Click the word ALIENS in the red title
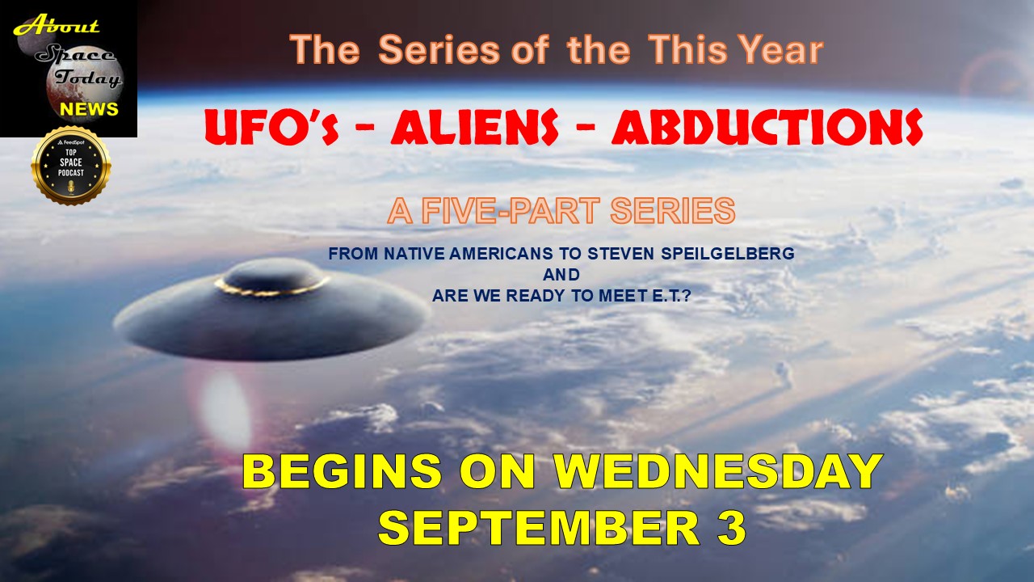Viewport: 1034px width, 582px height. coord(474,127)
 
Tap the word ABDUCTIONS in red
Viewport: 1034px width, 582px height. coord(767,127)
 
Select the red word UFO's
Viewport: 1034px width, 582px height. coord(272,128)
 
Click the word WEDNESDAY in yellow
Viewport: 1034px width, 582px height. coord(718,471)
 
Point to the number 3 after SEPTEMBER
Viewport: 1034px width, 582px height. coord(732,528)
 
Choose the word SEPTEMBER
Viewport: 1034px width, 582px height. coord(539,528)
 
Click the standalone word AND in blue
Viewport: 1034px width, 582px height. coord(561,275)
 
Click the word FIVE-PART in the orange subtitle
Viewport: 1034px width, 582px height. coord(511,211)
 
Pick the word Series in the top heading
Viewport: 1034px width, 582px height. coord(439,50)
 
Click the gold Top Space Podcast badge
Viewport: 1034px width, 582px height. coord(71,166)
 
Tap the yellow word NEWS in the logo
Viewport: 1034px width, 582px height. coord(89,109)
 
